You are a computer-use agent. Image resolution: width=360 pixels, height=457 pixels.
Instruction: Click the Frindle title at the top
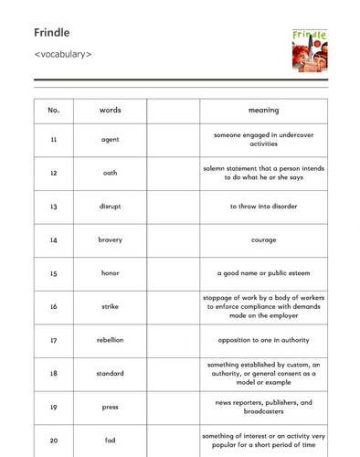coord(51,33)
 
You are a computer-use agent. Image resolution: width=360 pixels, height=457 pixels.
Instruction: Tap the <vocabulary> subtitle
coord(63,54)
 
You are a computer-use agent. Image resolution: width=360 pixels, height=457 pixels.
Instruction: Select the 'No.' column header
coord(54,111)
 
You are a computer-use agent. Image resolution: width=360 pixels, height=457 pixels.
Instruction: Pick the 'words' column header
coord(111,111)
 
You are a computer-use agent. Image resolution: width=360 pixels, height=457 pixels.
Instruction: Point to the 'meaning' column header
coord(263,111)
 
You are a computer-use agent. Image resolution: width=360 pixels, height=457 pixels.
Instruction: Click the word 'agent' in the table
coord(111,140)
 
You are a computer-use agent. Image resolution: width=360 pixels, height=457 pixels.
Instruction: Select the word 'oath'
coord(111,173)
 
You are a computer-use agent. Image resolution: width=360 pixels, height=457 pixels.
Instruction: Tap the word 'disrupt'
coord(111,207)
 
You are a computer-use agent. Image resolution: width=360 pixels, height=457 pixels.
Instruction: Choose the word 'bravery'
coord(111,239)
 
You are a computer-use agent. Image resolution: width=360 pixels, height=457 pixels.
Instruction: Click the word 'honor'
coord(111,273)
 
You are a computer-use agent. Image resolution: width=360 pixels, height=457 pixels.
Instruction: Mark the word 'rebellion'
coord(111,340)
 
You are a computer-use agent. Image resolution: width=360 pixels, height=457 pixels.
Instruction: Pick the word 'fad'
coord(111,441)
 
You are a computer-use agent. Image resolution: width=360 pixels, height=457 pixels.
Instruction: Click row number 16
coord(54,306)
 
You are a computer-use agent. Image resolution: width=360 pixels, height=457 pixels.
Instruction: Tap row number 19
coord(54,407)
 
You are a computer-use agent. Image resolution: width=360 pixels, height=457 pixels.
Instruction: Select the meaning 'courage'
coord(263,240)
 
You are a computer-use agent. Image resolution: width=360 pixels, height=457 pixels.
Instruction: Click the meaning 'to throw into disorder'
coord(263,207)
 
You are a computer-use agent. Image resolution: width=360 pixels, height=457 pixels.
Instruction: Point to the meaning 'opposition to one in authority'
coord(263,340)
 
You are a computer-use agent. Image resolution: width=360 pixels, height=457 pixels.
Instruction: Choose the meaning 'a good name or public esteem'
coord(263,273)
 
